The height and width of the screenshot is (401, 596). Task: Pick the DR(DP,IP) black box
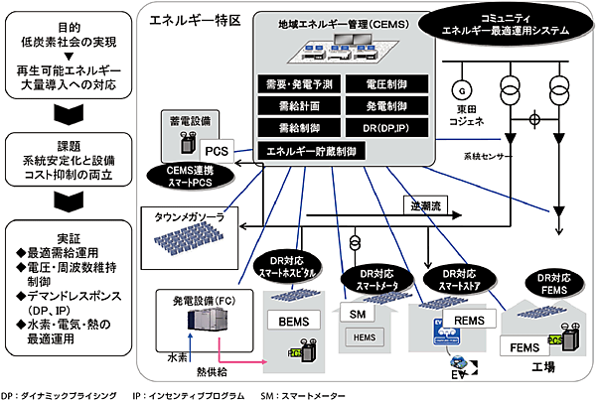click(x=380, y=128)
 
